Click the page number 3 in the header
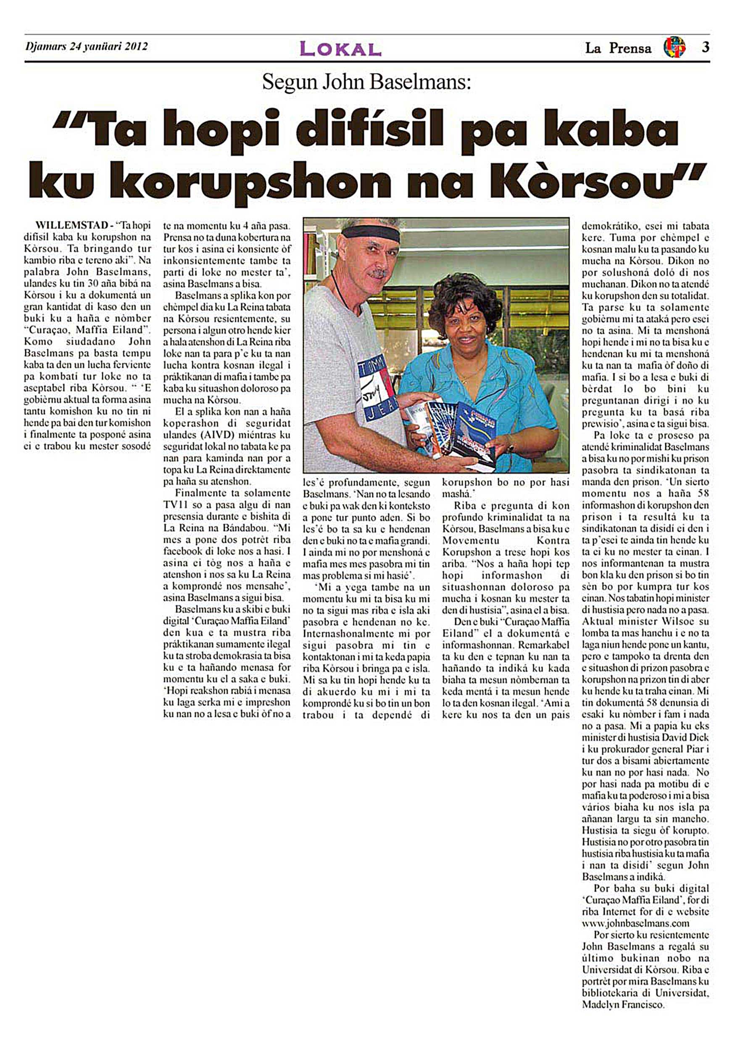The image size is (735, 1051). pos(705,48)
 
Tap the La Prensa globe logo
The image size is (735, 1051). pos(674,48)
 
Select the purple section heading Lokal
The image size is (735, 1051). pos(340,48)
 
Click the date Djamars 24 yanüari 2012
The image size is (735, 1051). pos(87,46)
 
